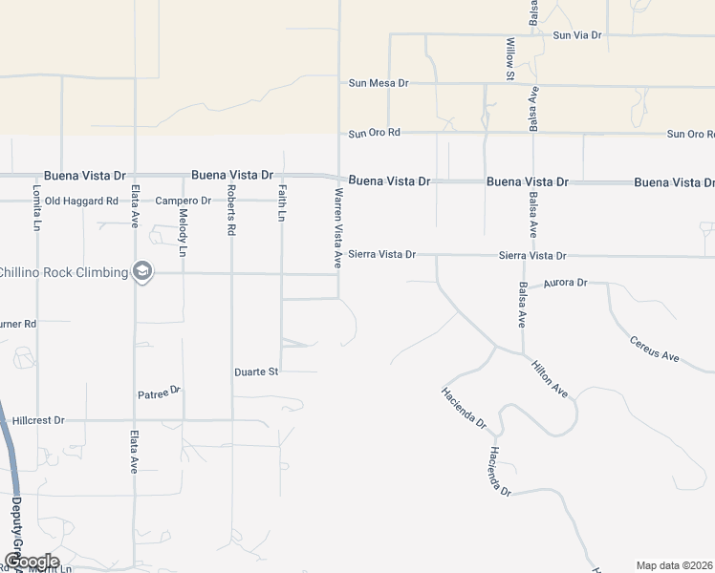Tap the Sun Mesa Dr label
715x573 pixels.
[x=378, y=83]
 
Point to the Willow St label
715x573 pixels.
[x=510, y=58]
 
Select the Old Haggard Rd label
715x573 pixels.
[x=81, y=201]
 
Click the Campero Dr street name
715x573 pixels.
[x=183, y=201]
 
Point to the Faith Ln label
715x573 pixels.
[x=281, y=203]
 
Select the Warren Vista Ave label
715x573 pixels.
[x=337, y=228]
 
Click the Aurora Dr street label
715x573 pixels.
[x=564, y=284]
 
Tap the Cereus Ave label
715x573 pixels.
[x=654, y=350]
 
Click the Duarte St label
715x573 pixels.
[x=256, y=371]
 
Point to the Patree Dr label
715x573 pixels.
[x=159, y=392]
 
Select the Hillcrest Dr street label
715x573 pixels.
[x=38, y=419]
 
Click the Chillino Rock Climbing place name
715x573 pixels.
[x=63, y=272]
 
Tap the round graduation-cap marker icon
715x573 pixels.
[x=143, y=272]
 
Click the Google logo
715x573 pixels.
[x=31, y=561]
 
